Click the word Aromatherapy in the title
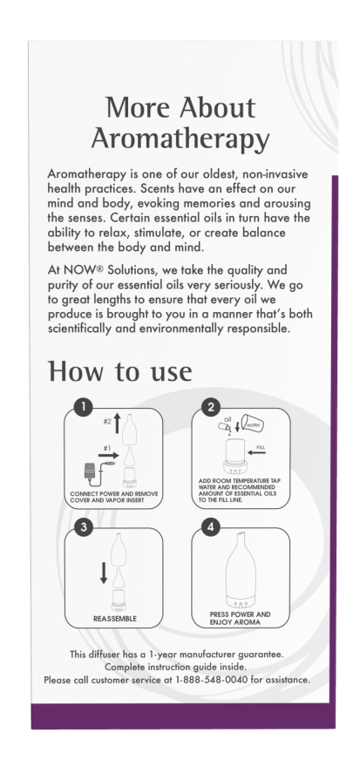pyautogui.click(x=180, y=139)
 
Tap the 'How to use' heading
pyautogui.click(x=119, y=371)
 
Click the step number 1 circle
pyautogui.click(x=85, y=408)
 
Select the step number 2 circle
pyautogui.click(x=211, y=408)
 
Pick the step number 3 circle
pyautogui.click(x=85, y=527)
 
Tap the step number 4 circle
pyautogui.click(x=211, y=527)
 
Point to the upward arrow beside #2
pyautogui.click(x=118, y=424)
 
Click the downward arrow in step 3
pyautogui.click(x=104, y=573)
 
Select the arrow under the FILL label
pyautogui.click(x=256, y=453)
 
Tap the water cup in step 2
pyautogui.click(x=254, y=424)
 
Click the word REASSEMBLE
pyautogui.click(x=115, y=619)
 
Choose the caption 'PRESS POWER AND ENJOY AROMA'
pyautogui.click(x=240, y=618)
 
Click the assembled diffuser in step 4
pyautogui.click(x=241, y=569)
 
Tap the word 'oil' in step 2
pyautogui.click(x=228, y=419)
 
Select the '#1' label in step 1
pyautogui.click(x=107, y=448)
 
